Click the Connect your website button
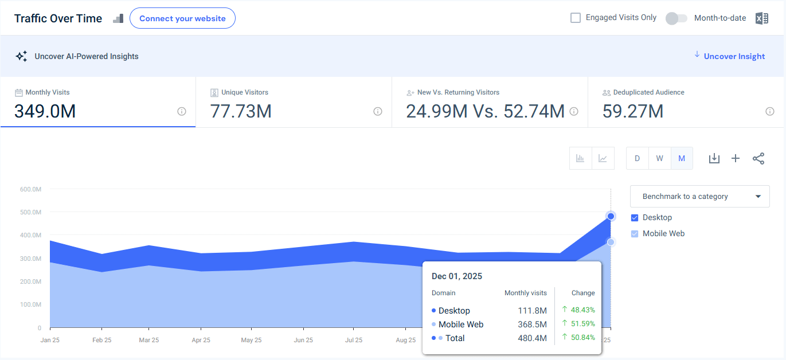click(x=182, y=18)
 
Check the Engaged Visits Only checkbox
click(x=576, y=18)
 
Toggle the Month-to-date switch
click(x=676, y=18)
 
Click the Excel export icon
click(x=761, y=18)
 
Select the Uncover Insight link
click(x=734, y=56)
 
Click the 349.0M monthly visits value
click(x=45, y=111)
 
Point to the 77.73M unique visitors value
click(x=241, y=111)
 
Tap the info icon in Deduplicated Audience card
click(x=769, y=111)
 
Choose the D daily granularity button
click(x=637, y=158)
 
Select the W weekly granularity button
click(x=659, y=158)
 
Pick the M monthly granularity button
click(x=682, y=158)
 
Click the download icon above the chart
click(x=714, y=158)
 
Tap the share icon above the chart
click(x=758, y=158)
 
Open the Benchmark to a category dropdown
click(x=699, y=196)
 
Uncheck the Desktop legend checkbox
click(x=635, y=218)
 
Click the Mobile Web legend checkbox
click(x=635, y=234)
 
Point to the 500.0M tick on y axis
click(x=31, y=212)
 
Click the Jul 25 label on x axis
click(x=353, y=340)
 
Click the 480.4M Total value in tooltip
click(x=532, y=338)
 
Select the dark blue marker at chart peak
click(x=611, y=216)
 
